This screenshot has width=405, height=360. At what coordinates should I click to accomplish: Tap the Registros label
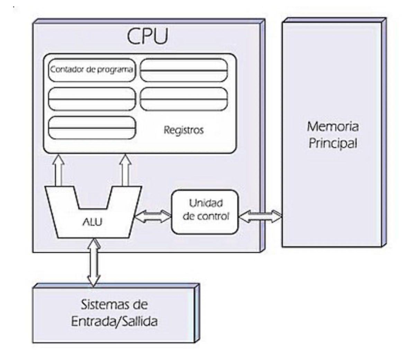[183, 130]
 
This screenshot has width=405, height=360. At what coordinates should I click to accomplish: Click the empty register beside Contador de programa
[184, 70]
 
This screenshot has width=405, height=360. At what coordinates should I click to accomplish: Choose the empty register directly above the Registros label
[184, 99]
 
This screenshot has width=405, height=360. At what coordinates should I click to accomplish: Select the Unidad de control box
[205, 211]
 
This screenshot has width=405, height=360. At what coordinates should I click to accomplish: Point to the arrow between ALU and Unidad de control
[152, 216]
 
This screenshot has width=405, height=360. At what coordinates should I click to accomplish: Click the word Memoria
[332, 127]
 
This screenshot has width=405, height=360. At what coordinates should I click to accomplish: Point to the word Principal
[332, 143]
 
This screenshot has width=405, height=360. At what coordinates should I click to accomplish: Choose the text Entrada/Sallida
[114, 321]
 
